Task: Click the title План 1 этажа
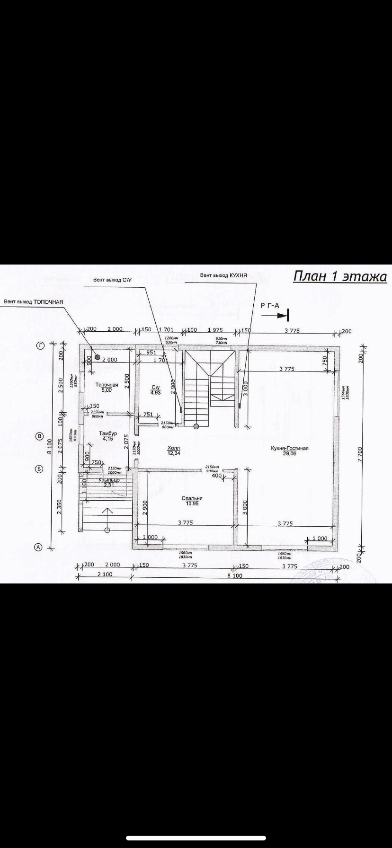pyautogui.click(x=339, y=276)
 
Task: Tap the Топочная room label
pyautogui.click(x=107, y=385)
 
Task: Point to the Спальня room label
pyautogui.click(x=192, y=498)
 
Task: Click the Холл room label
pyautogui.click(x=174, y=448)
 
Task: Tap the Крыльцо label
pyautogui.click(x=109, y=480)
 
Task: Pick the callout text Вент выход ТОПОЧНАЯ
pyautogui.click(x=33, y=301)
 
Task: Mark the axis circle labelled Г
pyautogui.click(x=41, y=346)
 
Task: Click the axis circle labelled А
pyautogui.click(x=39, y=547)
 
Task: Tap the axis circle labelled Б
pyautogui.click(x=40, y=469)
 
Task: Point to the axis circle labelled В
pyautogui.click(x=41, y=436)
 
